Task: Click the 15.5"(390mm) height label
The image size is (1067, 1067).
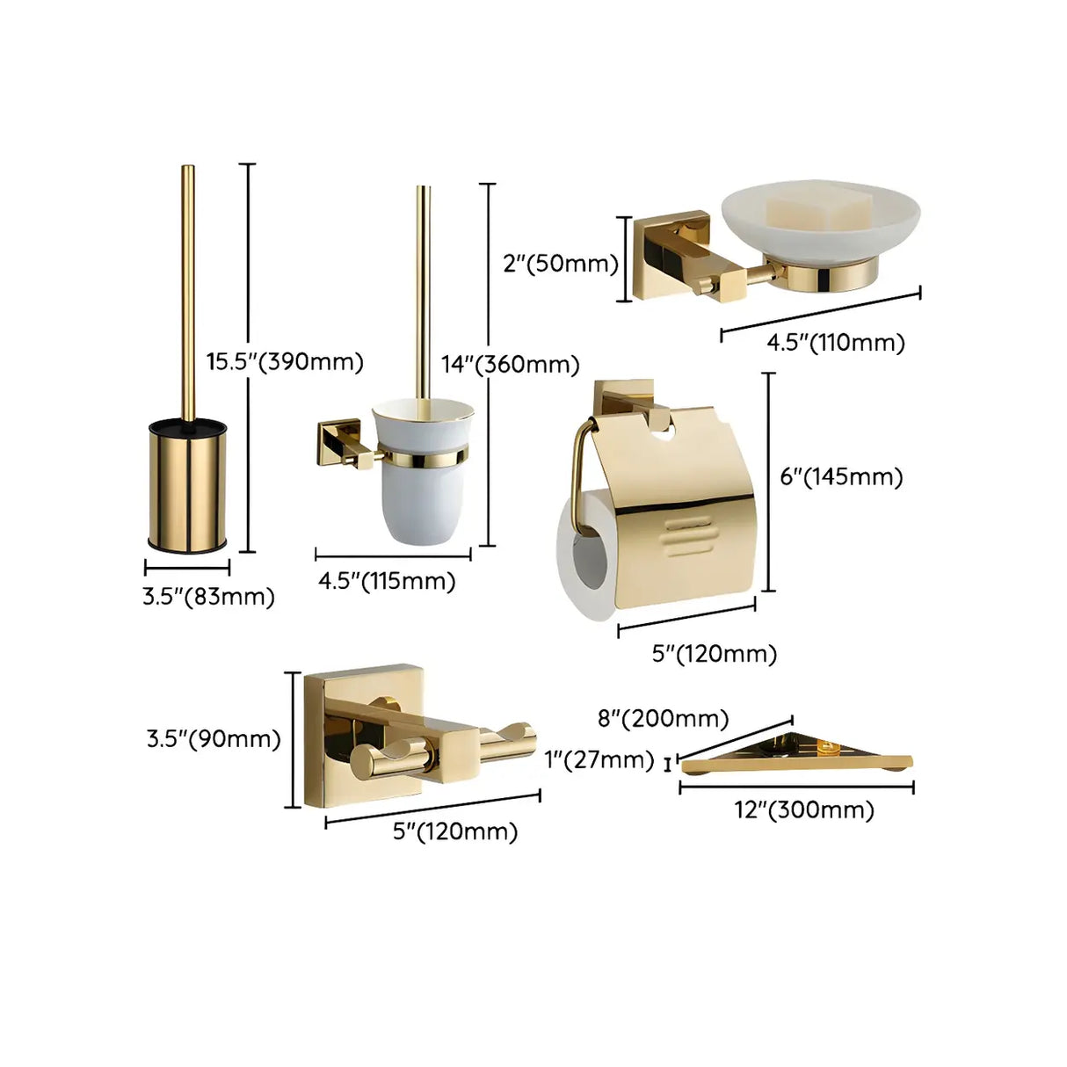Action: pyautogui.click(x=285, y=361)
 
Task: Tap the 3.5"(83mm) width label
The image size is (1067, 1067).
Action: pyautogui.click(x=208, y=597)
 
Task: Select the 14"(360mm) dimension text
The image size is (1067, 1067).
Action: pyautogui.click(x=510, y=364)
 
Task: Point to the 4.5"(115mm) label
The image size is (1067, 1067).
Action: pyautogui.click(x=387, y=581)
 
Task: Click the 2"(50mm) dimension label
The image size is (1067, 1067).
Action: pyautogui.click(x=561, y=263)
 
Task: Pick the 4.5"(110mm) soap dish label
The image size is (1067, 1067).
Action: pyautogui.click(x=835, y=342)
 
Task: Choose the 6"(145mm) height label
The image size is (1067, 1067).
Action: pyautogui.click(x=841, y=476)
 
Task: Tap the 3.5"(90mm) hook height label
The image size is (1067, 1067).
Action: pyautogui.click(x=214, y=738)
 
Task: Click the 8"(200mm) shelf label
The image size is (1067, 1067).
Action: pyautogui.click(x=663, y=718)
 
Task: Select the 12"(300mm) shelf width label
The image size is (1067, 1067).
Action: pyautogui.click(x=804, y=809)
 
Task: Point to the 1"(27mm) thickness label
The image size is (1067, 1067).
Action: pyautogui.click(x=599, y=759)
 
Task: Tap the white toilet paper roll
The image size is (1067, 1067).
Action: pyautogui.click(x=584, y=563)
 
